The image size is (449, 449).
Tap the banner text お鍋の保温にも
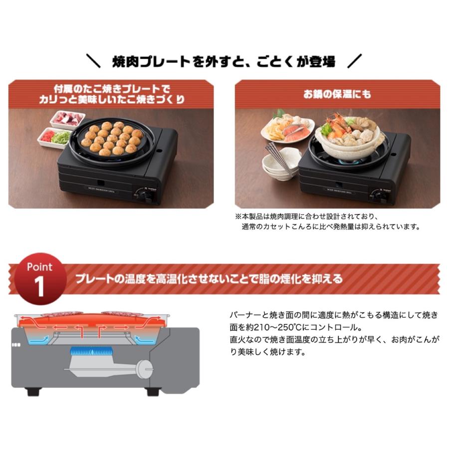[x=337, y=93]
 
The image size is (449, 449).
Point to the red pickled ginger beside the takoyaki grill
[x=47, y=135]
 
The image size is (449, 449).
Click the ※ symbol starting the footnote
[x=238, y=217]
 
